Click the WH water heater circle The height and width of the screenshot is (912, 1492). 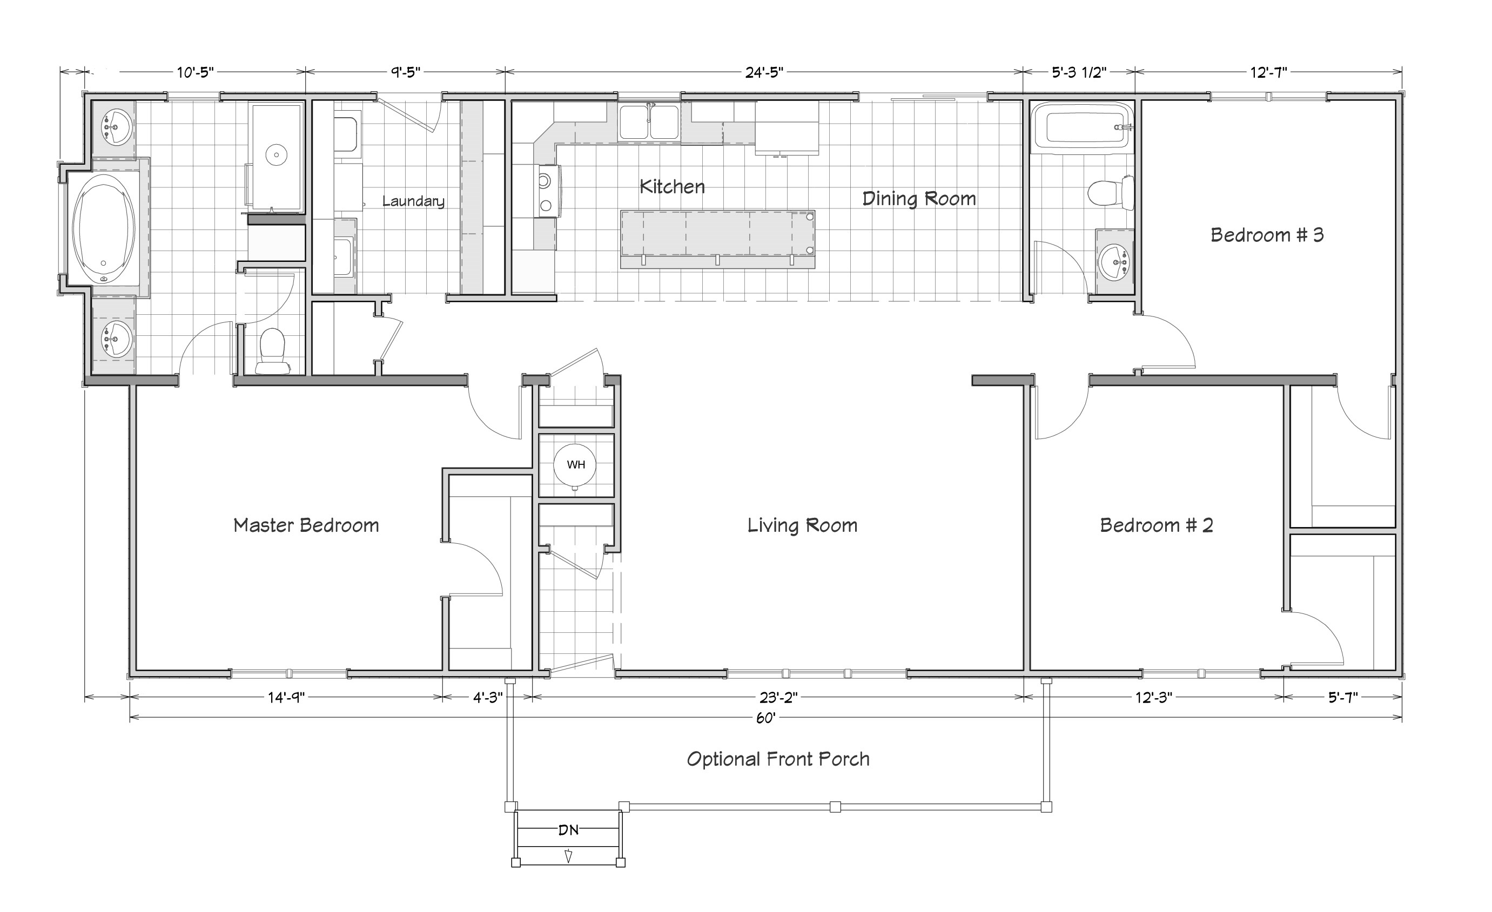click(x=575, y=465)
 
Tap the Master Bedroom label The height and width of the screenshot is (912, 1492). click(x=306, y=525)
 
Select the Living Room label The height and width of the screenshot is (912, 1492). click(x=802, y=525)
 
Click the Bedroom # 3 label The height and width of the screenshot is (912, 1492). click(x=1267, y=235)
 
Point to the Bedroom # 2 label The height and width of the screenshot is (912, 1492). click(x=1157, y=525)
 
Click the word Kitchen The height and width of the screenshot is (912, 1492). click(x=672, y=186)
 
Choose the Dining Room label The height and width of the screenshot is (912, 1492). click(x=919, y=199)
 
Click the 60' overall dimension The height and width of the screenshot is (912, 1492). click(x=766, y=718)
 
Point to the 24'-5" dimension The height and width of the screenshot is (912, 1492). click(x=764, y=72)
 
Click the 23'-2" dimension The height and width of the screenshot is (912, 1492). click(x=779, y=698)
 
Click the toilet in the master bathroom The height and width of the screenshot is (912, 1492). click(x=271, y=351)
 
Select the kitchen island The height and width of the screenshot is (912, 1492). click(x=717, y=239)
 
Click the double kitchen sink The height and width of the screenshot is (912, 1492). click(x=649, y=121)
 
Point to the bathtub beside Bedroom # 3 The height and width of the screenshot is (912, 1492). click(x=1081, y=126)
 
